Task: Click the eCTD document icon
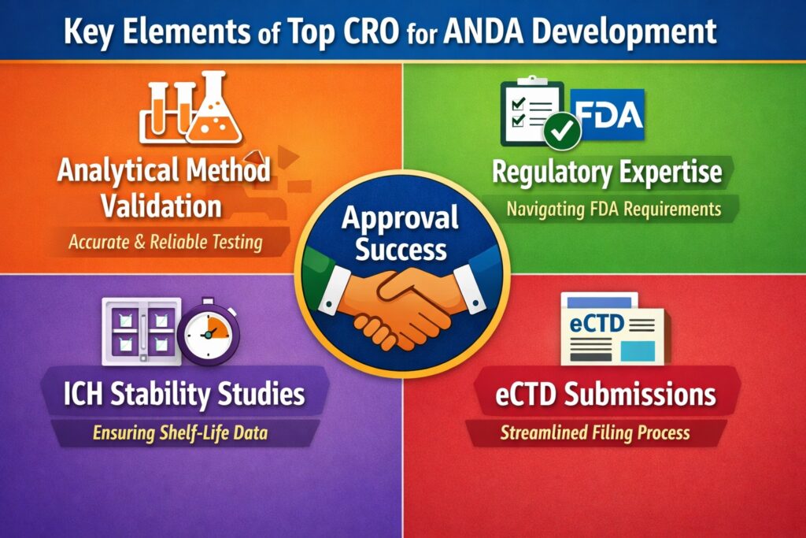coord(612,331)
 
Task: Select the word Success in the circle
coord(401,250)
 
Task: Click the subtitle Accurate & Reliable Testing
coord(165,242)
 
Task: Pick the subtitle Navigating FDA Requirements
coord(614,210)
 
